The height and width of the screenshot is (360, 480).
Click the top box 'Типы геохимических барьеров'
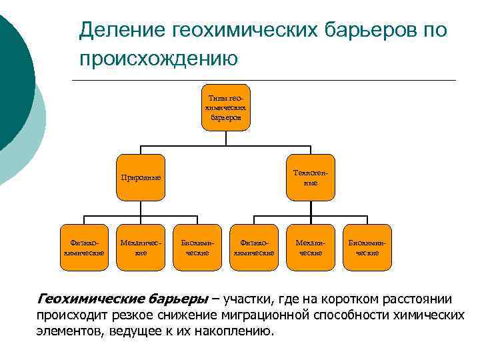226,107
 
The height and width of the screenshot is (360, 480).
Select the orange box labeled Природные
141,179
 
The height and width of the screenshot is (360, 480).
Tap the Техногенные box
311,178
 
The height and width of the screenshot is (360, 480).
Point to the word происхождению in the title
159,59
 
